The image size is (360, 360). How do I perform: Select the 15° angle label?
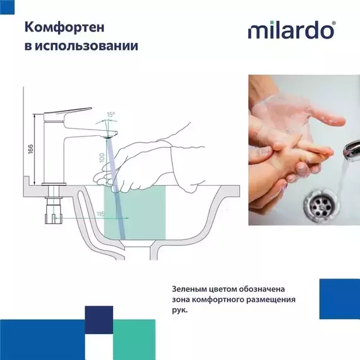[x=111, y=115]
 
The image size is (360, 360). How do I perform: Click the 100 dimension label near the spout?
[x=101, y=157]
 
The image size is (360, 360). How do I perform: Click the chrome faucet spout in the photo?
[x=349, y=150]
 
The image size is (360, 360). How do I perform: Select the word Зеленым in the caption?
[x=190, y=287]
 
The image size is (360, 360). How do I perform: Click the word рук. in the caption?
[x=180, y=310]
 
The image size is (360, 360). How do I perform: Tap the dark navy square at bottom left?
[x=99, y=320]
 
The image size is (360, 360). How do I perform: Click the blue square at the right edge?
[x=339, y=299]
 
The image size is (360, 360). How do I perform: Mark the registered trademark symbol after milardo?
[x=333, y=22]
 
